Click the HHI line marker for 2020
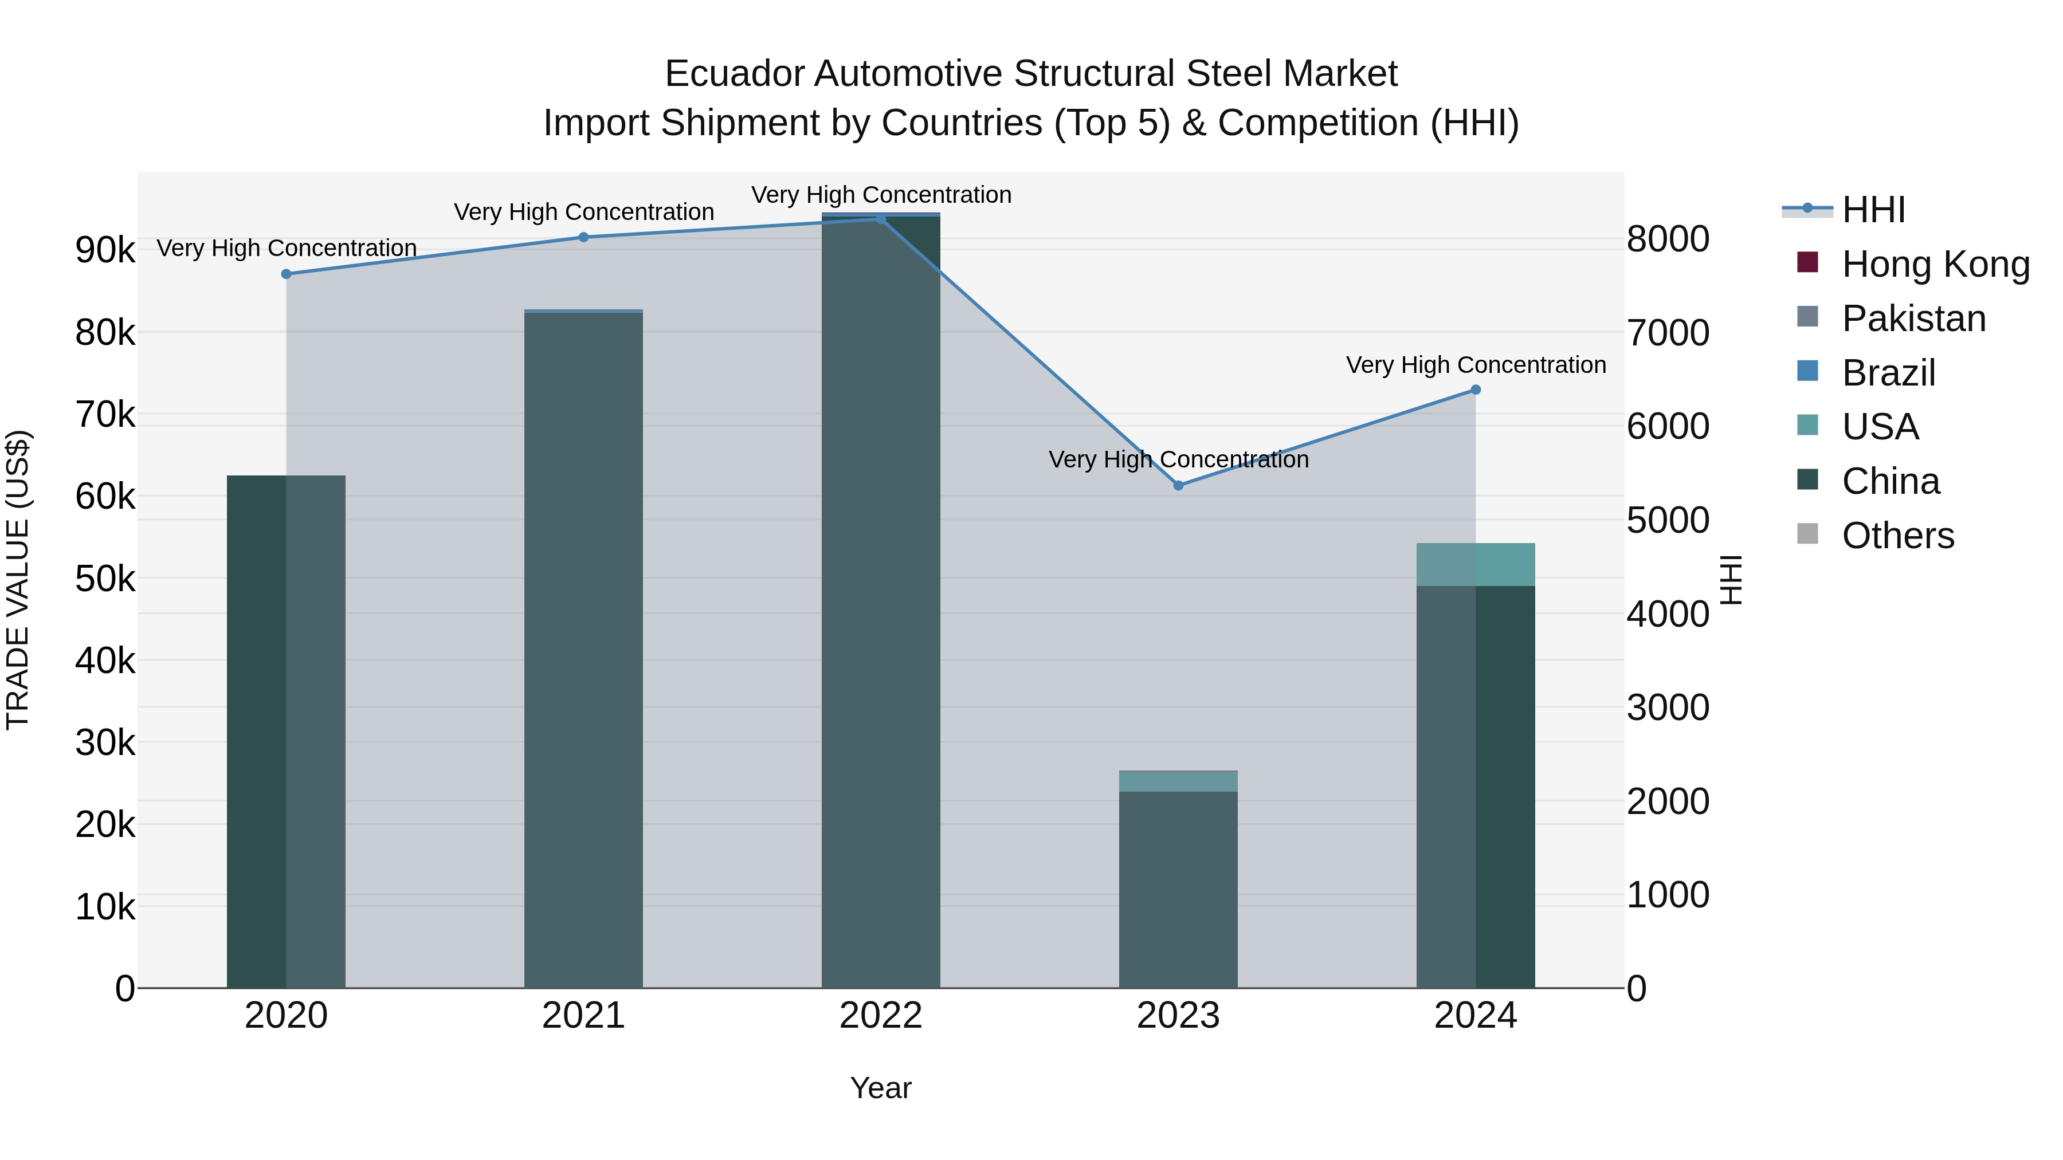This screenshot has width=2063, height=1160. [x=286, y=274]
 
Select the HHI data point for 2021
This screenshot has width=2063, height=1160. [x=583, y=237]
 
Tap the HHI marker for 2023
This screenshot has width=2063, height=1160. [x=1178, y=485]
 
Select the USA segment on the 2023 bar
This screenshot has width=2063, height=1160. [x=1178, y=781]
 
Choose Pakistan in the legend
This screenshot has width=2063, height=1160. [x=1913, y=318]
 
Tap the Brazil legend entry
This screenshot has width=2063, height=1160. [x=1888, y=373]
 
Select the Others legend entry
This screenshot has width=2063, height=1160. [x=1897, y=536]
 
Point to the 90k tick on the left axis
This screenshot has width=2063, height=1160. [x=105, y=250]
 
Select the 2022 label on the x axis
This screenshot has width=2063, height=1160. [x=880, y=1016]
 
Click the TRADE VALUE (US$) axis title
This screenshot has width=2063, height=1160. [x=18, y=580]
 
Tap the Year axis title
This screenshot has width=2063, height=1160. [x=880, y=1088]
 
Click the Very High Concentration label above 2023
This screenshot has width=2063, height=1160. [x=1178, y=459]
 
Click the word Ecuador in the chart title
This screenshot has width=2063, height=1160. [x=734, y=74]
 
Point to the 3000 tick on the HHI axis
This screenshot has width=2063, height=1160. [x=1668, y=707]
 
